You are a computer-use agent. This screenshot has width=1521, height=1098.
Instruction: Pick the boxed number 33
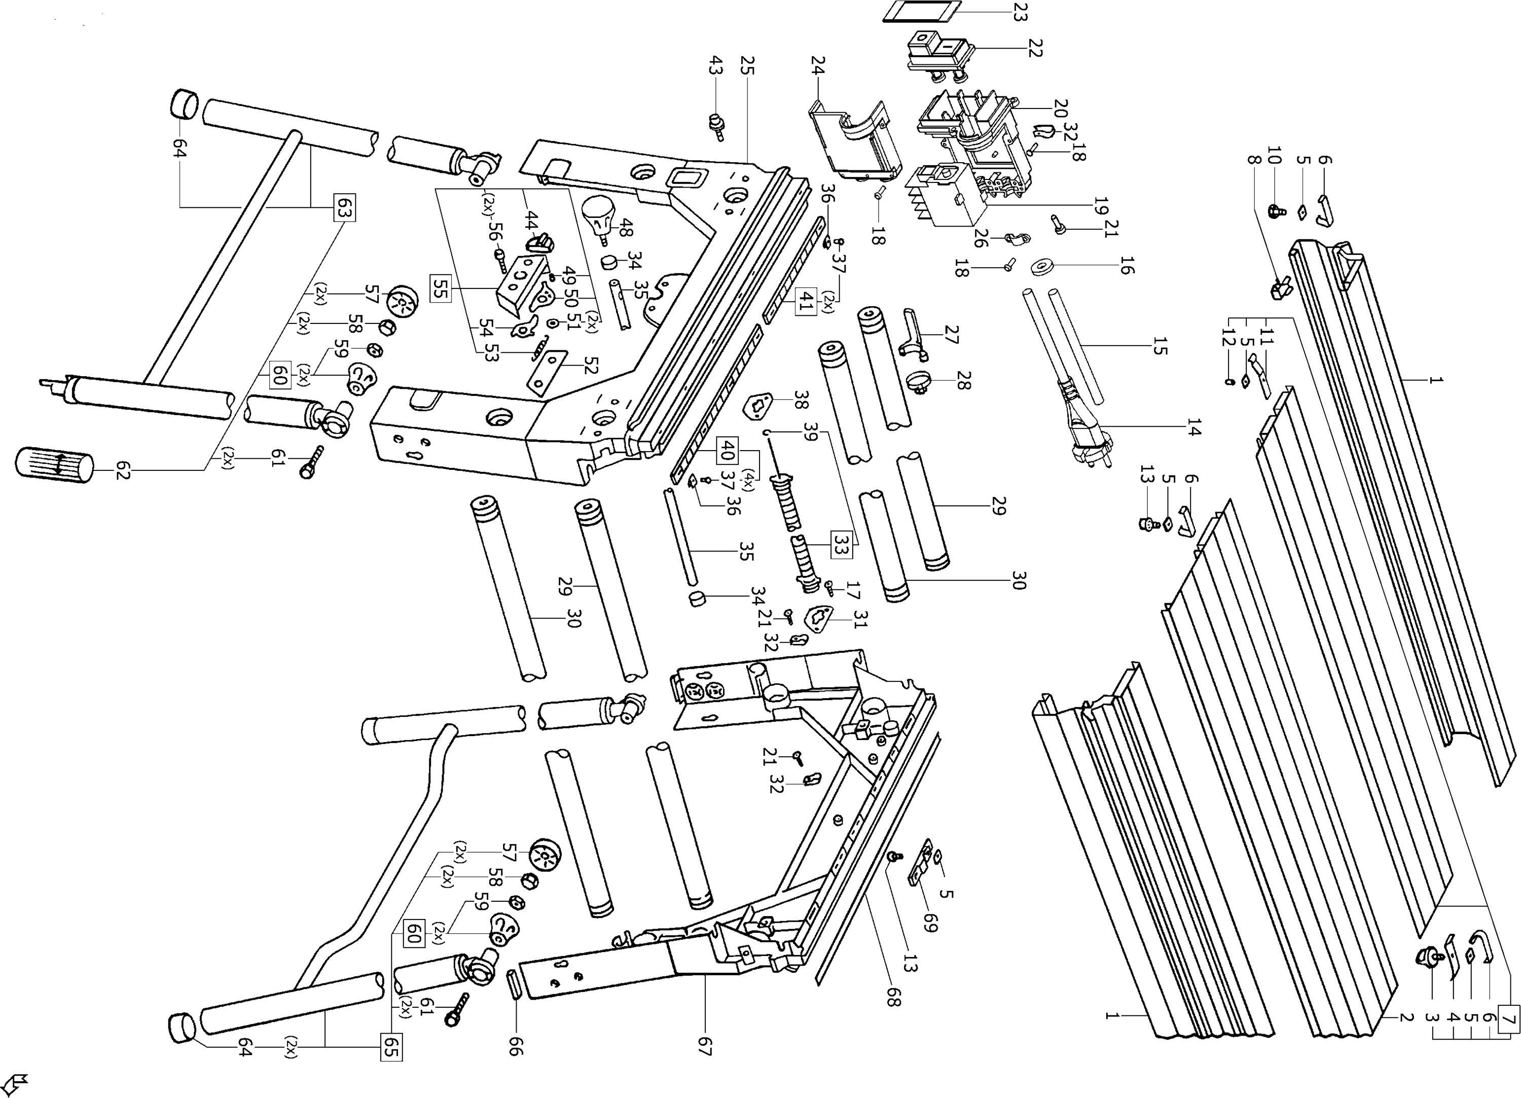point(841,544)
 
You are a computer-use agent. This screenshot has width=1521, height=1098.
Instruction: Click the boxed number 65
point(391,1047)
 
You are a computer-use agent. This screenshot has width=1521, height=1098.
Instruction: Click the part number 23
point(1020,13)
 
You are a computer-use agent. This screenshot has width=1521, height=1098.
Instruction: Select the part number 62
point(122,470)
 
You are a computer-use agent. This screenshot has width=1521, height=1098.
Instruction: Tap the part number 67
point(704,1046)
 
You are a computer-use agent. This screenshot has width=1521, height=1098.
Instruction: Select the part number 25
point(747,66)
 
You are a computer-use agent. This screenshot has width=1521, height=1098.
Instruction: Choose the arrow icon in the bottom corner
point(15,1082)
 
